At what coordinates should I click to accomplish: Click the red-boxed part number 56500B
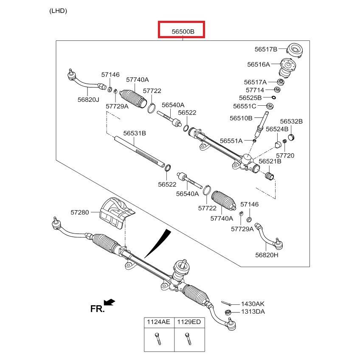pyautogui.click(x=182, y=31)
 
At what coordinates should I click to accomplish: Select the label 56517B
pyautogui.click(x=266, y=49)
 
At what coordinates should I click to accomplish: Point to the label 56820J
pyautogui.click(x=88, y=100)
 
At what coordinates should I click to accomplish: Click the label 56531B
pyautogui.click(x=135, y=133)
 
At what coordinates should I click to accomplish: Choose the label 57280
pyautogui.click(x=80, y=212)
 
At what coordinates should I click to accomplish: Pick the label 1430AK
pyautogui.click(x=253, y=304)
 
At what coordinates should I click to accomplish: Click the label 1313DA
pyautogui.click(x=253, y=312)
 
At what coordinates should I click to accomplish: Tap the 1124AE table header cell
pyautogui.click(x=158, y=322)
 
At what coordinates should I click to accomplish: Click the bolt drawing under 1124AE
pyautogui.click(x=158, y=339)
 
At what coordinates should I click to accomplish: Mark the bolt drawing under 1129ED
pyautogui.click(x=187, y=339)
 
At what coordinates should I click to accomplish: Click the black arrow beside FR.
pyautogui.click(x=110, y=302)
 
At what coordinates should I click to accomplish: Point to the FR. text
pyautogui.click(x=97, y=309)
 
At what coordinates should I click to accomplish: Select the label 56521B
pyautogui.click(x=270, y=161)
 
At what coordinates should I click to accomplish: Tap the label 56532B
pyautogui.click(x=291, y=121)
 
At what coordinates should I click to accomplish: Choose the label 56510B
pyautogui.click(x=241, y=118)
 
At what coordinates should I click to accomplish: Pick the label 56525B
pyautogui.click(x=250, y=98)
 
